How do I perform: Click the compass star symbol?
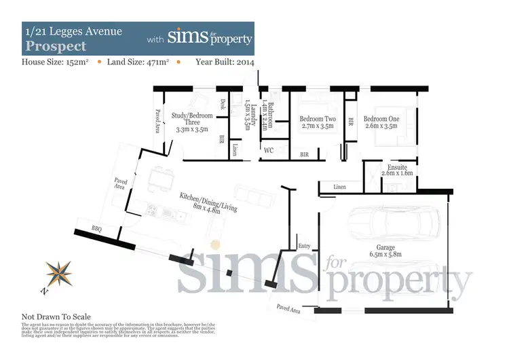59,273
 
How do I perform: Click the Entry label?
303,246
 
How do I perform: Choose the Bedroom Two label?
317,119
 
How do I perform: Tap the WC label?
268,150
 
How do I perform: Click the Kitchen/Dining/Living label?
208,202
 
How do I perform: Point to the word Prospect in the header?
56,46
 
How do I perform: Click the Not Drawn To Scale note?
56,317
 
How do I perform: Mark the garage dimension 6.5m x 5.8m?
385,255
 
